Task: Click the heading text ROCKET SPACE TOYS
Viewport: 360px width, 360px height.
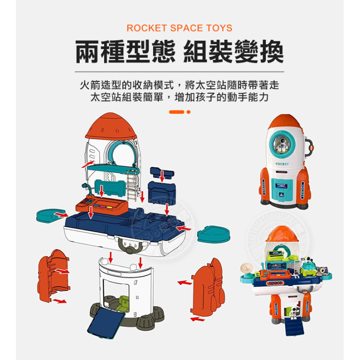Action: pos(180,28)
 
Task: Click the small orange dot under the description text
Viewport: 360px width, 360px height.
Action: pos(189,112)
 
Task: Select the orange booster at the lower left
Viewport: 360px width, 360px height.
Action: pos(52,276)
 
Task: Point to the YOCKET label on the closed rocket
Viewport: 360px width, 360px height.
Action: pos(282,164)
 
